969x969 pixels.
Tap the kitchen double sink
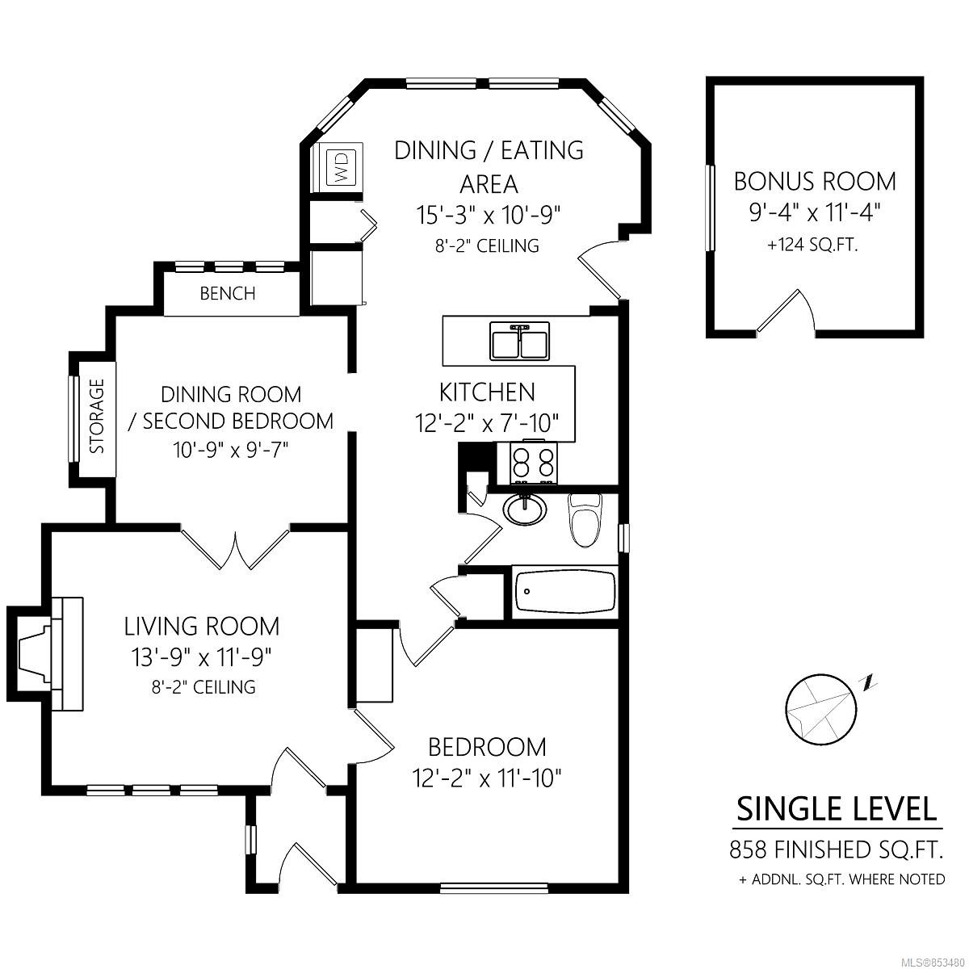tap(520, 342)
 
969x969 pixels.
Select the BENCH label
tap(228, 293)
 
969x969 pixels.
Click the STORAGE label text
tap(97, 417)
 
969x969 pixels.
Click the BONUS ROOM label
tap(815, 182)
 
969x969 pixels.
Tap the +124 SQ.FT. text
tap(812, 245)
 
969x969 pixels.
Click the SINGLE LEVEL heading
tap(837, 809)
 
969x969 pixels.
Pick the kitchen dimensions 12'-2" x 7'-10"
tap(487, 423)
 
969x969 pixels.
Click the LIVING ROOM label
tap(202, 627)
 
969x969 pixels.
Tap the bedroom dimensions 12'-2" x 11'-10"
tap(487, 779)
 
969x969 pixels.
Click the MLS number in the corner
tap(937, 963)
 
